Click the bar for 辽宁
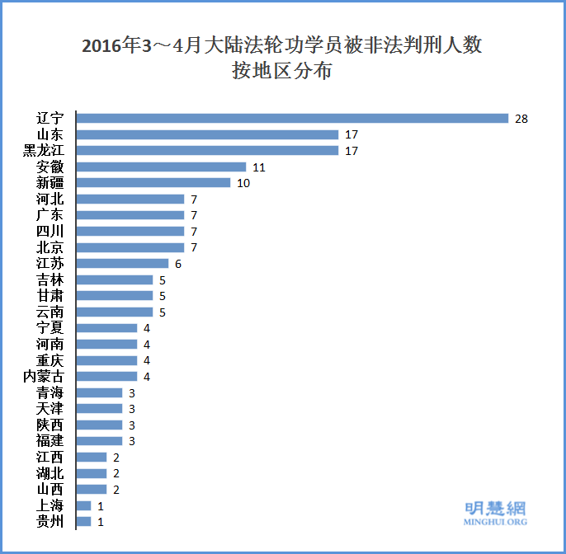click(x=292, y=118)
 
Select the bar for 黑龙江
click(x=207, y=150)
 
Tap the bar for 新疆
click(x=153, y=182)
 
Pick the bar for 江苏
click(x=122, y=263)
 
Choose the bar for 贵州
click(x=83, y=521)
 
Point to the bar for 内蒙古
click(x=106, y=376)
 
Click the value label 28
click(x=521, y=119)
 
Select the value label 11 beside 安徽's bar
click(x=258, y=167)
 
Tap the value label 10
click(x=243, y=183)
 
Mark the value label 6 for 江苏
click(x=177, y=264)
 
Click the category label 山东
click(x=50, y=134)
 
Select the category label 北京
click(x=50, y=247)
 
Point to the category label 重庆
click(x=50, y=360)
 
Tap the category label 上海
click(x=50, y=505)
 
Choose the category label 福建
click(x=50, y=441)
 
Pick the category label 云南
click(x=50, y=312)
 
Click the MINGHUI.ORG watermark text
click(x=495, y=522)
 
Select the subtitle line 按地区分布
click(x=282, y=72)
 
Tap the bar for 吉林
click(x=115, y=279)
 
